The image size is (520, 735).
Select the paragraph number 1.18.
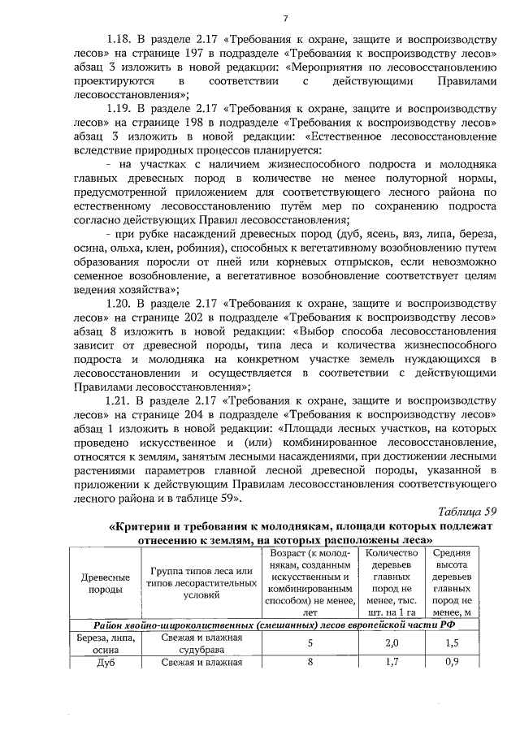119,38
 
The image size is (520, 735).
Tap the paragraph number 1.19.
119,107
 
